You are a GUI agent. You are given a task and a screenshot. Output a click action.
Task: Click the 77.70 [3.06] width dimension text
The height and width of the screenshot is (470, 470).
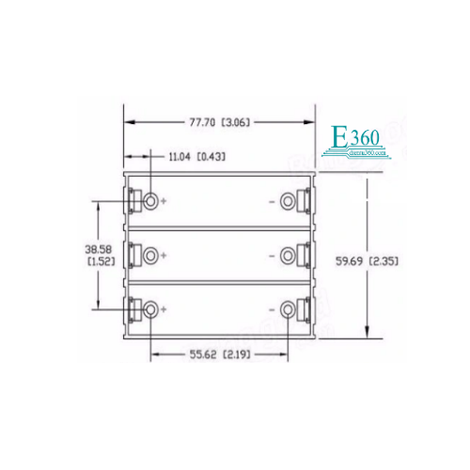click(x=218, y=122)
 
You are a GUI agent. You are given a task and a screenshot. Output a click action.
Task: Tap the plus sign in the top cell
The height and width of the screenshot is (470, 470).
click(x=164, y=201)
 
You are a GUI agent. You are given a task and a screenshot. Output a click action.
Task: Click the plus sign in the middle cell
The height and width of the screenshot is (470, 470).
click(x=164, y=255)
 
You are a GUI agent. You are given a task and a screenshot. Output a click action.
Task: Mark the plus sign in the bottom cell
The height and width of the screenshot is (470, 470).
click(x=164, y=309)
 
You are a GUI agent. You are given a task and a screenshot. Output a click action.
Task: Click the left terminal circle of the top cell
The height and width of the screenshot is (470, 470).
click(x=150, y=201)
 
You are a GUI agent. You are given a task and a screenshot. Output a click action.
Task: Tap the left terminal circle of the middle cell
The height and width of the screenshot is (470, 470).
click(x=150, y=255)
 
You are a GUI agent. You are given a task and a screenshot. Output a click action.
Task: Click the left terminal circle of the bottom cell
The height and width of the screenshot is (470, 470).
click(x=150, y=309)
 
